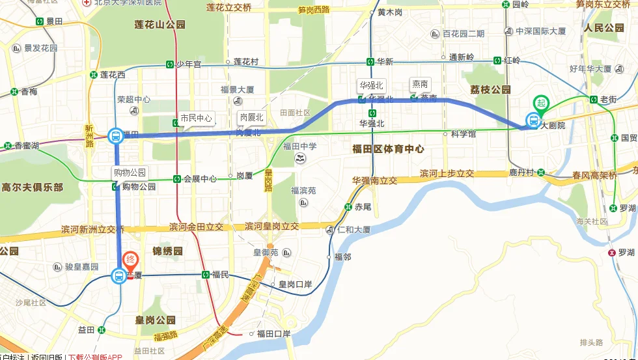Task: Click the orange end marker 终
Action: point(130,260)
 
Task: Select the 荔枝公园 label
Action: point(490,90)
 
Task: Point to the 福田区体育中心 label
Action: point(388,149)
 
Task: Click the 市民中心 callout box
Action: point(196,118)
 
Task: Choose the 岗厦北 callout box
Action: point(252,118)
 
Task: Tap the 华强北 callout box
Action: point(372,85)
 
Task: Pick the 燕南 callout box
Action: point(420,85)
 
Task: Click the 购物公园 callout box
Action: point(130,173)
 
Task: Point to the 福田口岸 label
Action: point(273,334)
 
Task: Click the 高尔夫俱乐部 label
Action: point(32,187)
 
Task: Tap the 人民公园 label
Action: point(603,29)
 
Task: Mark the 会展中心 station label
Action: point(199,178)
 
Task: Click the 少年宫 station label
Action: point(192,64)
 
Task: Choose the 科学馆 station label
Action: point(464,134)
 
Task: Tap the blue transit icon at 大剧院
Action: point(533,121)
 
